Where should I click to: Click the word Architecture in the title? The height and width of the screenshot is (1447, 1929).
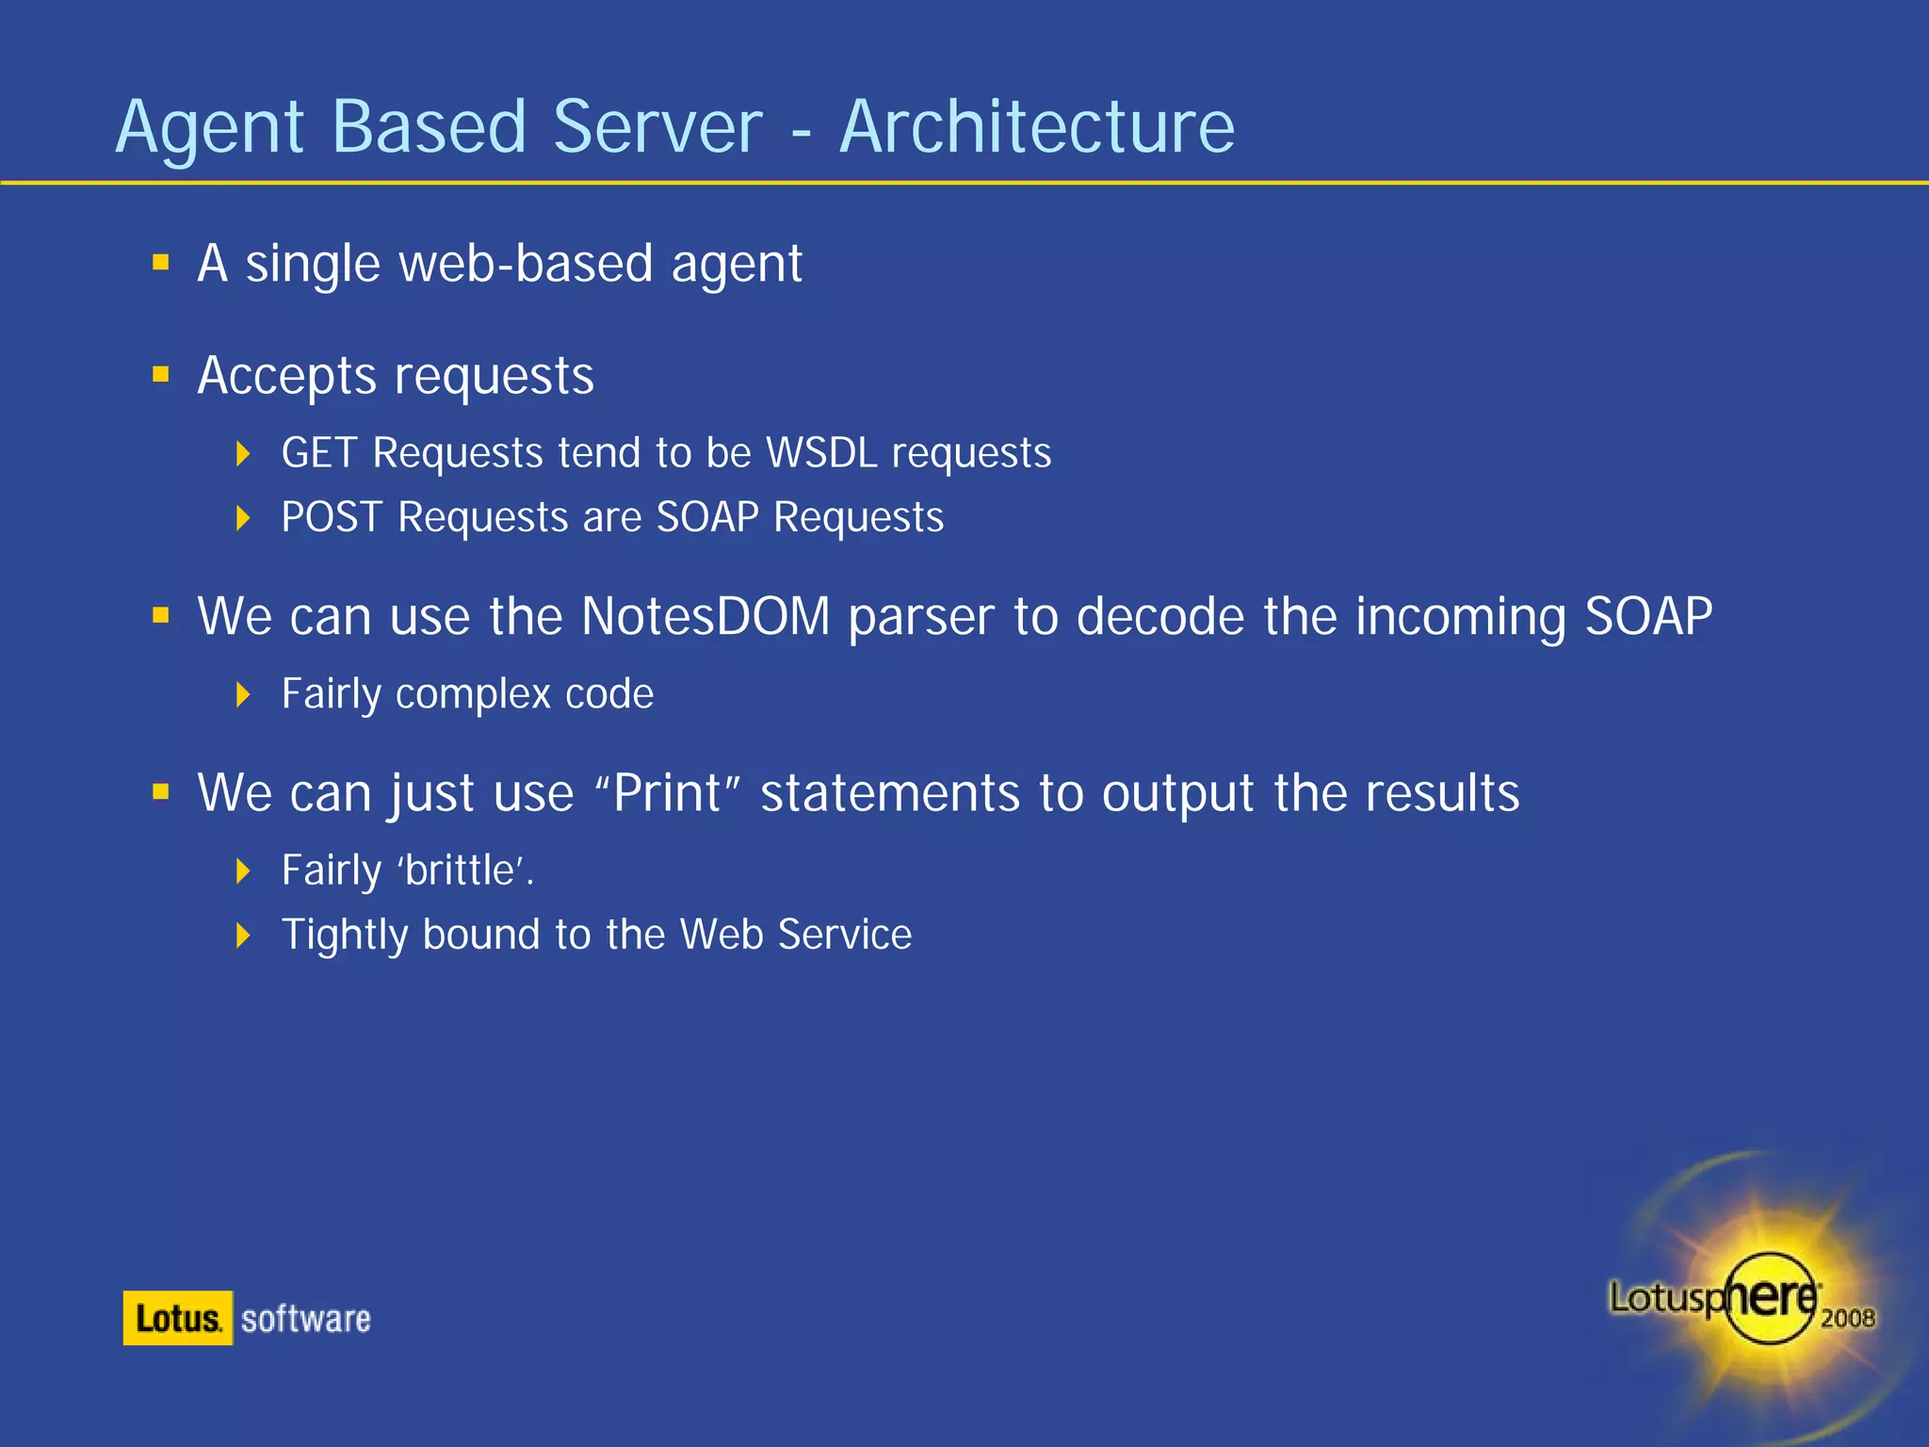(x=1036, y=127)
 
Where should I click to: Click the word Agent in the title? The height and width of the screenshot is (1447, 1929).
(x=209, y=129)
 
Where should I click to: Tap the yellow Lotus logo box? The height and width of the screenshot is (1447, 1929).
(x=177, y=1318)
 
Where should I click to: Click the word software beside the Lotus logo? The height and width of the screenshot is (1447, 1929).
(x=306, y=1319)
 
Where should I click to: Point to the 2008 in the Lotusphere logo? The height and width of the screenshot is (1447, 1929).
(x=1847, y=1317)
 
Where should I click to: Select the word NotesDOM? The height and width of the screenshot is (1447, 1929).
(x=705, y=617)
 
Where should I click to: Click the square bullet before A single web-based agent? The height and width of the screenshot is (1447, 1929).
(x=161, y=262)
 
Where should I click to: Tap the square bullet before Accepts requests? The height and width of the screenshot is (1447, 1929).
(x=161, y=375)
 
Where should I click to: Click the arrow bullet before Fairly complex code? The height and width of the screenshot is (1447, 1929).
(x=243, y=695)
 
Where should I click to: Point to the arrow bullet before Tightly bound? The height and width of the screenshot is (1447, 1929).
(x=243, y=935)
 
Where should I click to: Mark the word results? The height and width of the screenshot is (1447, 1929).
(x=1442, y=793)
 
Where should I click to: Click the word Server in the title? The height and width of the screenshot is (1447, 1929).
(x=657, y=127)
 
